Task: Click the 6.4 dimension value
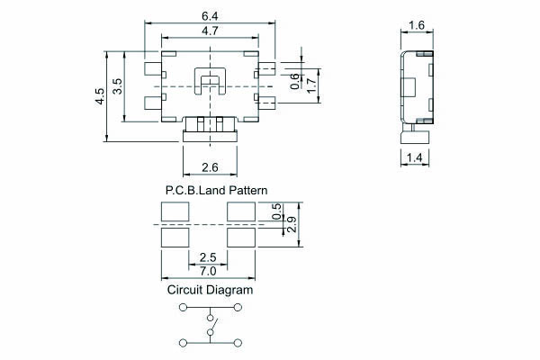click(x=209, y=15)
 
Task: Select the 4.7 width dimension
click(x=209, y=31)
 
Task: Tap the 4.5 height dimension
click(x=101, y=96)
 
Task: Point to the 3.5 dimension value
click(x=117, y=87)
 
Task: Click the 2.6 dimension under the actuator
click(x=210, y=166)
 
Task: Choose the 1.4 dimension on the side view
click(x=415, y=158)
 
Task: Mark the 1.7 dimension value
click(x=310, y=85)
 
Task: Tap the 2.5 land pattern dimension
click(x=208, y=258)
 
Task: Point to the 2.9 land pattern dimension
click(x=291, y=225)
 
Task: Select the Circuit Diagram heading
click(x=210, y=291)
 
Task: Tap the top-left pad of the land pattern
click(x=175, y=211)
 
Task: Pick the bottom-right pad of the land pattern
click(x=243, y=238)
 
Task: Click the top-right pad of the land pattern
click(x=243, y=211)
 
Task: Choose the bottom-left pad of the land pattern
click(x=175, y=238)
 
